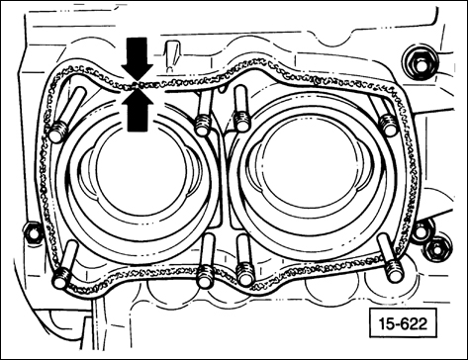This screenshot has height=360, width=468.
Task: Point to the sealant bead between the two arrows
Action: click(x=137, y=86)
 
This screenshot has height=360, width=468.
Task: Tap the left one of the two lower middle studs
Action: click(x=204, y=275)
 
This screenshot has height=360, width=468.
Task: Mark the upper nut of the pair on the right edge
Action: click(x=421, y=231)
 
